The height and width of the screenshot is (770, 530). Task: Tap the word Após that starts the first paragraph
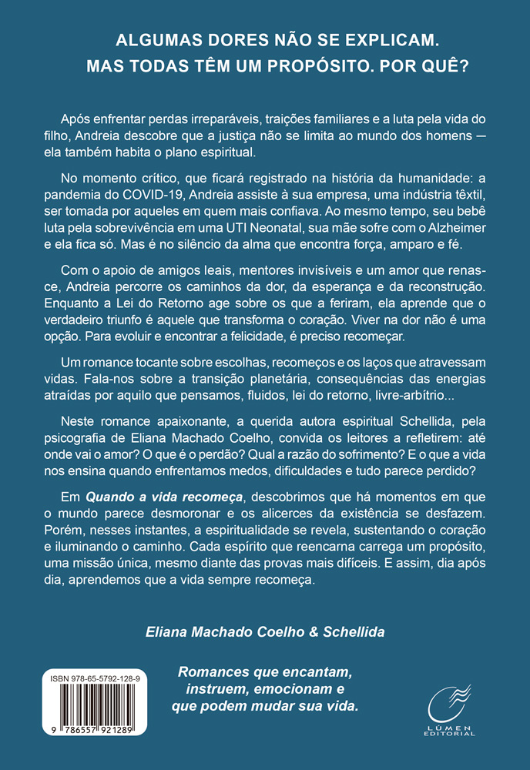(74, 124)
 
